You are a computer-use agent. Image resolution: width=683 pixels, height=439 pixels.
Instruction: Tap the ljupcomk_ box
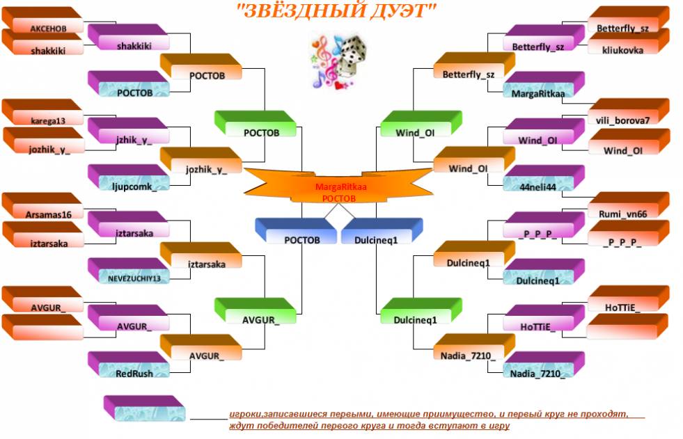point(129,177)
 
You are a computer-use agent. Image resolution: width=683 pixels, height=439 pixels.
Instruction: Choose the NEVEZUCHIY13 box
point(129,271)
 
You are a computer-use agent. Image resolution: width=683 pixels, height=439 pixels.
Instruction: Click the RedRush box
point(129,365)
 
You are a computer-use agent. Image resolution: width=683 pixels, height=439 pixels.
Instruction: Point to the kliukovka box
point(629,41)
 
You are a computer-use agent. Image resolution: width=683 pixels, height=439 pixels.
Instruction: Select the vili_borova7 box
point(629,112)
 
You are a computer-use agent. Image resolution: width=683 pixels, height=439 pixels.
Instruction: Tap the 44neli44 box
point(544,178)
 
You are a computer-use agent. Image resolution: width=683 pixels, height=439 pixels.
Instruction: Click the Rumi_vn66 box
point(629,205)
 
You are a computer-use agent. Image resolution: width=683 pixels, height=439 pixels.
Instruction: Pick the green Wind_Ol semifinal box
point(421,124)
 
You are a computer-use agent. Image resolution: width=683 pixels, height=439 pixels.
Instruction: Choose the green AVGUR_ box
point(256,311)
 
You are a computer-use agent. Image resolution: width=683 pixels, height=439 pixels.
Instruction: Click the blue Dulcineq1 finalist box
point(382,231)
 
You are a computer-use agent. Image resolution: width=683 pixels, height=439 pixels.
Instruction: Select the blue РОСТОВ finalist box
point(296,231)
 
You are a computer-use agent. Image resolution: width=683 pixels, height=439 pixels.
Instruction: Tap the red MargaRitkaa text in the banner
point(340,187)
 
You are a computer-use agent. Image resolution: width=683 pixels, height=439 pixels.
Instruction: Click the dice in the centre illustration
point(352,55)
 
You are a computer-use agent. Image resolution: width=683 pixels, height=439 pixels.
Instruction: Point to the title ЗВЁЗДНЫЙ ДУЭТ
point(336,10)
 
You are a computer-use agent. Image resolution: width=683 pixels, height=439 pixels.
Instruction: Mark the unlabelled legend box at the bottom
point(145,408)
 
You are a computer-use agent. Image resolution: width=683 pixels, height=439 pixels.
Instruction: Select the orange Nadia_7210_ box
point(475,347)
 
